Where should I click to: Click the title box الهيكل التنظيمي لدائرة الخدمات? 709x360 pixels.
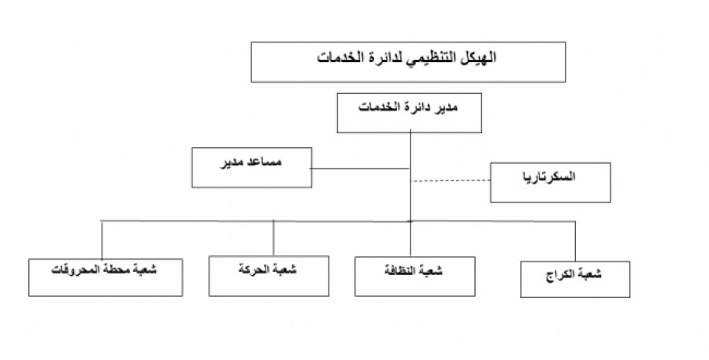[x=408, y=62]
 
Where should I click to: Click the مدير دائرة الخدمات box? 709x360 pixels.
[x=409, y=113]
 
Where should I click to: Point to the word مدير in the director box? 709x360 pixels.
[x=445, y=107]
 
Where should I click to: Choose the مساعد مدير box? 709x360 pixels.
[x=251, y=167]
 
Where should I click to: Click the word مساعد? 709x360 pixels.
[x=265, y=161]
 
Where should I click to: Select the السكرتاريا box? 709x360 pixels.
[x=551, y=182]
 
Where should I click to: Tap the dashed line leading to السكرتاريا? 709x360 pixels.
[x=451, y=180]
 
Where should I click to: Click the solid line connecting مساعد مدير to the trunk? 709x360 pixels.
[x=360, y=169]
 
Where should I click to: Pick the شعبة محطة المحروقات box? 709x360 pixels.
[x=106, y=277]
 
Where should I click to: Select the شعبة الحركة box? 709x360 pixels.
[x=269, y=276]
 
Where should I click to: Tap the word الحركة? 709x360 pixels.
[x=254, y=269]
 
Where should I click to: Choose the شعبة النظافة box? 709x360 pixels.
[x=414, y=276]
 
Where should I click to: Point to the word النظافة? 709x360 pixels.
[x=400, y=270]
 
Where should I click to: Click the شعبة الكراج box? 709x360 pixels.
[x=575, y=279]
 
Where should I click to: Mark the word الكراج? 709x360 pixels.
[x=560, y=275]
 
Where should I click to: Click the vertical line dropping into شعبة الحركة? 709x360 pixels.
[x=273, y=238]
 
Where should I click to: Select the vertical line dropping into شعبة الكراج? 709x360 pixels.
[x=575, y=241]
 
